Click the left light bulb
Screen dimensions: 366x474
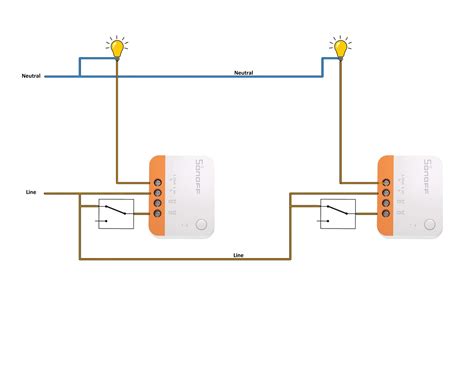pyautogui.click(x=117, y=46)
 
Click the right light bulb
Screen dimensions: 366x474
pyautogui.click(x=341, y=46)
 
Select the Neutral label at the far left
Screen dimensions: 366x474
pyautogui.click(x=31, y=76)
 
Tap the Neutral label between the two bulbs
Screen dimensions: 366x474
pyautogui.click(x=244, y=72)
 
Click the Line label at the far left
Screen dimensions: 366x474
pyautogui.click(x=32, y=192)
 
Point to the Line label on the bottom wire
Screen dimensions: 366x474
pyautogui.click(x=238, y=255)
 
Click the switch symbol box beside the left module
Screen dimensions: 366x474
pyautogui.click(x=115, y=213)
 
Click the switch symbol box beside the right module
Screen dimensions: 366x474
pyautogui.click(x=337, y=213)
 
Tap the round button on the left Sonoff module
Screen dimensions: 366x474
pyautogui.click(x=203, y=225)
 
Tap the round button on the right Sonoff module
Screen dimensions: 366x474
pyautogui.click(x=428, y=225)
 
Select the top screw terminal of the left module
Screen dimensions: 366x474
pyautogui.click(x=157, y=183)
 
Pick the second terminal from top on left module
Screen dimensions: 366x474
pyautogui.click(x=157, y=193)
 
